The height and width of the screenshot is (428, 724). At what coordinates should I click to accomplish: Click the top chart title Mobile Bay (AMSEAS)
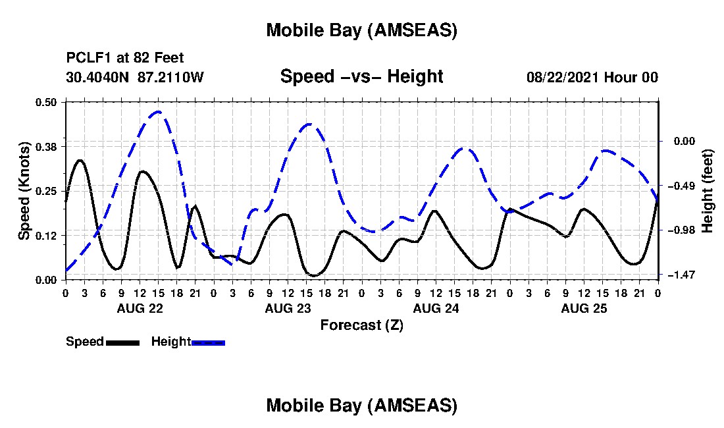pyautogui.click(x=361, y=30)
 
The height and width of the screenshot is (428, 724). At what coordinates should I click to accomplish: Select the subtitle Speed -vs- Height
pyautogui.click(x=361, y=76)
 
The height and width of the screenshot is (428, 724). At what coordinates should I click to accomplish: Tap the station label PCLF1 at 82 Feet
pyautogui.click(x=125, y=58)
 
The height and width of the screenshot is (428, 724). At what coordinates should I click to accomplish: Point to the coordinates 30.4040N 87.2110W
pyautogui.click(x=135, y=77)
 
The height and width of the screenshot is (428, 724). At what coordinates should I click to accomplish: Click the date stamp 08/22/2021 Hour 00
pyautogui.click(x=592, y=77)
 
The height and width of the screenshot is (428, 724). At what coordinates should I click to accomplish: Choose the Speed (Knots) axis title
pyautogui.click(x=24, y=190)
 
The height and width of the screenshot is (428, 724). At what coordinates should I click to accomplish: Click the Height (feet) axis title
pyautogui.click(x=708, y=190)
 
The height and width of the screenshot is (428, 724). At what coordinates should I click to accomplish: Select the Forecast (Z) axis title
pyautogui.click(x=361, y=325)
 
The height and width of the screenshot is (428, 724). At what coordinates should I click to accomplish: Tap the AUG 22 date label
pyautogui.click(x=139, y=308)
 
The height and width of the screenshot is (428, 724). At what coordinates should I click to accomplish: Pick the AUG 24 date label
pyautogui.click(x=435, y=308)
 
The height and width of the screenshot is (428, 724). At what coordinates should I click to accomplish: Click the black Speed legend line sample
pyautogui.click(x=122, y=342)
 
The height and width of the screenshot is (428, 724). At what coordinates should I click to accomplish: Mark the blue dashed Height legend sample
pyautogui.click(x=208, y=342)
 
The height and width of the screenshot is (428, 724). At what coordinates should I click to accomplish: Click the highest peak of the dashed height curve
pyautogui.click(x=158, y=112)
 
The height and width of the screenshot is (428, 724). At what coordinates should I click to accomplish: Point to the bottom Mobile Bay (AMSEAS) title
pyautogui.click(x=361, y=406)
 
